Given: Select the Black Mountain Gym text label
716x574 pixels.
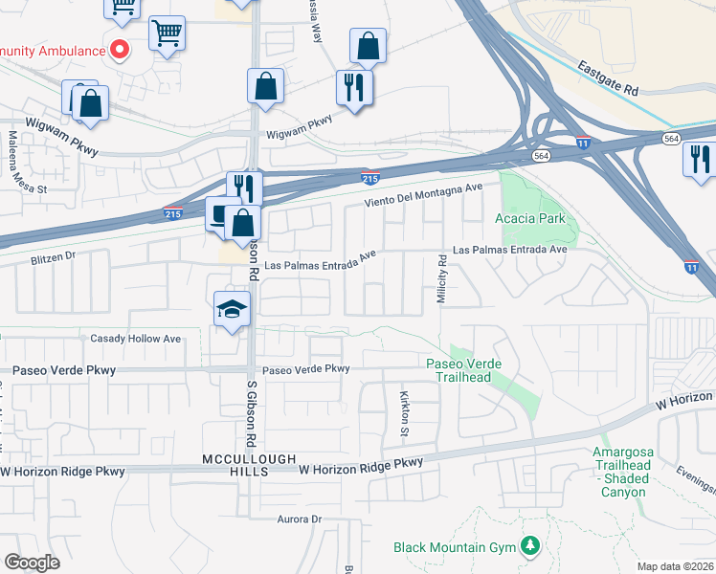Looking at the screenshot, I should click(x=455, y=547).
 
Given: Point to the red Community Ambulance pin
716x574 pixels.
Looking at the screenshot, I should click(x=120, y=49).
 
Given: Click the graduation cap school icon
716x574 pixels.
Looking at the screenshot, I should click(x=230, y=309).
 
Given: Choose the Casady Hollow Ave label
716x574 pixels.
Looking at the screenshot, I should click(x=135, y=339).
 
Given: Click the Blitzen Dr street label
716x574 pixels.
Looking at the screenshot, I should click(x=53, y=257).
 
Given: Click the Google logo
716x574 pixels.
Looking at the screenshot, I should click(x=32, y=562).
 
